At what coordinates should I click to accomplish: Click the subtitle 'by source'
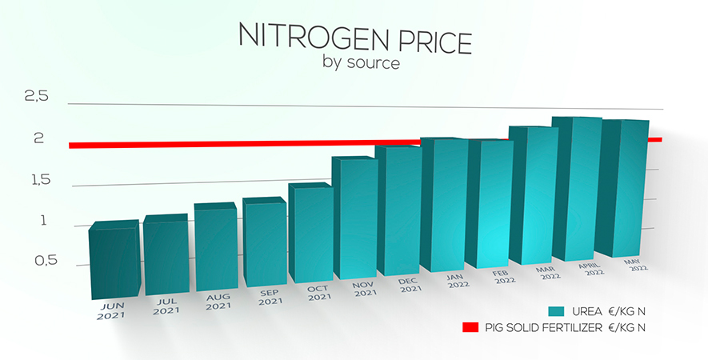click(360, 62)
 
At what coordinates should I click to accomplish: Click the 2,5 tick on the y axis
click(37, 97)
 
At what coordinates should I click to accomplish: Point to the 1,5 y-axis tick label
click(37, 180)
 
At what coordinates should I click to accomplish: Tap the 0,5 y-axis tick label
click(37, 261)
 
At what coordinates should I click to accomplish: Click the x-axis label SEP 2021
click(270, 297)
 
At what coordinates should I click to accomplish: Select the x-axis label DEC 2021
click(410, 285)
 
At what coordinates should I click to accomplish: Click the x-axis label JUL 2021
click(166, 305)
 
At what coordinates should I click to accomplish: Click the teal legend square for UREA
click(558, 310)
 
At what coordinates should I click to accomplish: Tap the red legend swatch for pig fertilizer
click(470, 327)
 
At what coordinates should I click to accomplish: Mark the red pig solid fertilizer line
click(240, 144)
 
